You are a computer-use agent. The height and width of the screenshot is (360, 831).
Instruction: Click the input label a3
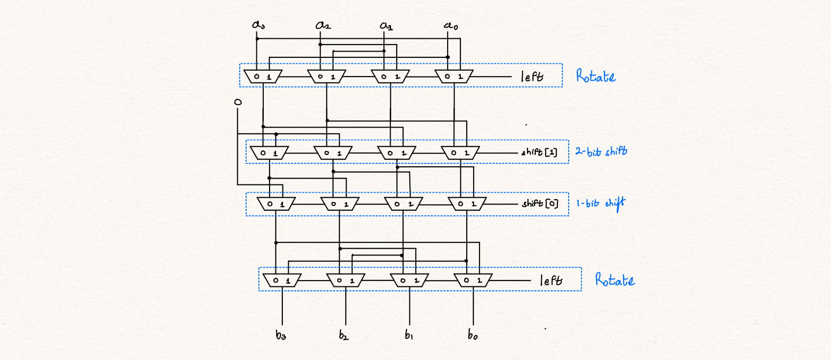tap(258, 25)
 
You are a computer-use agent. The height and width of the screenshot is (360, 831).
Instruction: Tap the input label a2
tap(323, 25)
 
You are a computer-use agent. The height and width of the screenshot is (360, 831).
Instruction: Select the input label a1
tap(386, 25)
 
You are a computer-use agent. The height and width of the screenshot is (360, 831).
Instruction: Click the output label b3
tap(280, 335)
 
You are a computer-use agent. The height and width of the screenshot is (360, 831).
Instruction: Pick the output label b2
tap(344, 335)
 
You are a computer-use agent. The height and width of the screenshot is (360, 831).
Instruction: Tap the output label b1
tap(408, 335)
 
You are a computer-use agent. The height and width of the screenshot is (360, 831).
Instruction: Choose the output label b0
tap(472, 335)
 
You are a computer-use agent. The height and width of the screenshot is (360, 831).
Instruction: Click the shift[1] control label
tap(539, 152)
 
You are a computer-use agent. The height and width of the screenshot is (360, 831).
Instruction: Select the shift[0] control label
tap(540, 203)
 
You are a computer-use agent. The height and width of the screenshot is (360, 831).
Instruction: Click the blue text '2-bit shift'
tap(601, 151)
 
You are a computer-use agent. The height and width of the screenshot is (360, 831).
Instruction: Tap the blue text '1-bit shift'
tap(601, 203)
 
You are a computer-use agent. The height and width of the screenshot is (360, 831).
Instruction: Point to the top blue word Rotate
tap(596, 77)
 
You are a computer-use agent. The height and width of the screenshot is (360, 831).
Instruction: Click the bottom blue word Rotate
tap(615, 280)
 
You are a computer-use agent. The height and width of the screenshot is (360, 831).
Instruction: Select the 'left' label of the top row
tap(532, 77)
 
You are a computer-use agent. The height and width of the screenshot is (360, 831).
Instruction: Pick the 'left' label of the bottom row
tap(551, 281)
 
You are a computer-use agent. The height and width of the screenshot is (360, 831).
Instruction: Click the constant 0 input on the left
tap(238, 102)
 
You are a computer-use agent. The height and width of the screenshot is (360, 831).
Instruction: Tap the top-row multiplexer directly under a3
tap(263, 77)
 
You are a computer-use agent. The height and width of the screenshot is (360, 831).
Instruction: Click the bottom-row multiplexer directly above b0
tap(473, 281)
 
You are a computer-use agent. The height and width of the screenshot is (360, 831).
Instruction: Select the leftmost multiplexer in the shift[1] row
tap(269, 153)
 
